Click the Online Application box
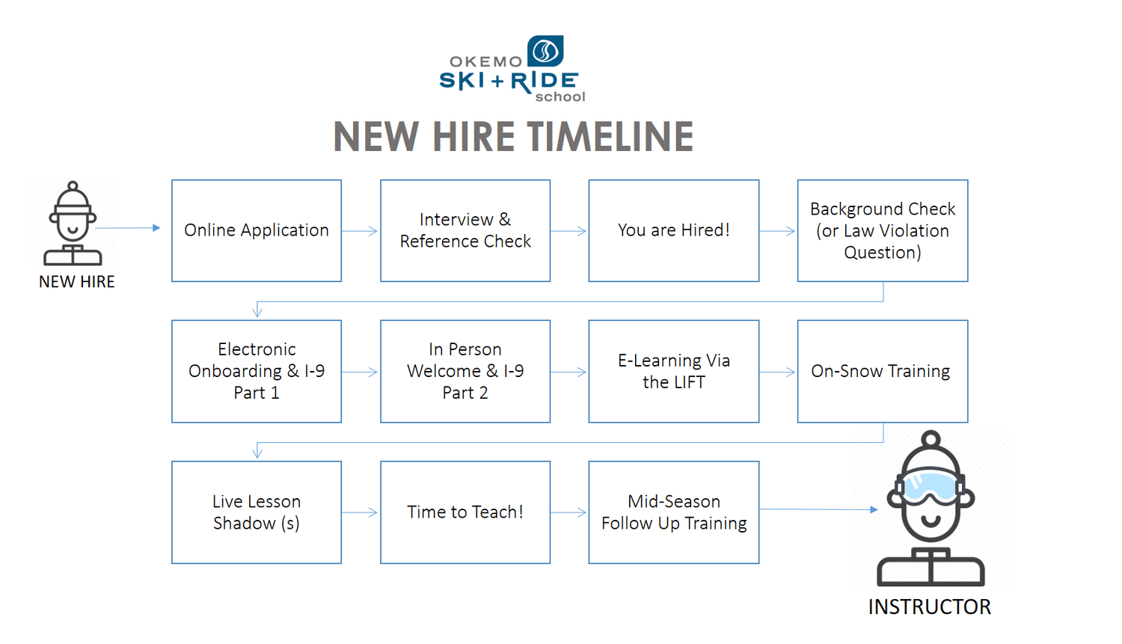point(257,230)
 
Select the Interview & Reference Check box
point(465,230)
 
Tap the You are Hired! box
point(673,230)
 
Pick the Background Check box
point(883,230)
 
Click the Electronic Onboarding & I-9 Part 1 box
point(257,371)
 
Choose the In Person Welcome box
point(465,371)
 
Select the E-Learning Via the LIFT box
point(673,371)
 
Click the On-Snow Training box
point(883,371)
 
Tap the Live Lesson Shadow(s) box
point(257,512)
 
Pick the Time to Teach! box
point(465,512)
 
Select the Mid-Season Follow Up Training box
point(673,512)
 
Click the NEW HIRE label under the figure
point(77,282)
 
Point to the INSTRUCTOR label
point(929,607)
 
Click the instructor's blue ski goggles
point(930,486)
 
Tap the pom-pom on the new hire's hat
point(73,185)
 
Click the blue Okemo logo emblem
point(545,52)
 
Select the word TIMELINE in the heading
point(610,137)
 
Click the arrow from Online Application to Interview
point(361,231)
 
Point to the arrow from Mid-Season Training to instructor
point(819,509)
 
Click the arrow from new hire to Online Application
point(128,227)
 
